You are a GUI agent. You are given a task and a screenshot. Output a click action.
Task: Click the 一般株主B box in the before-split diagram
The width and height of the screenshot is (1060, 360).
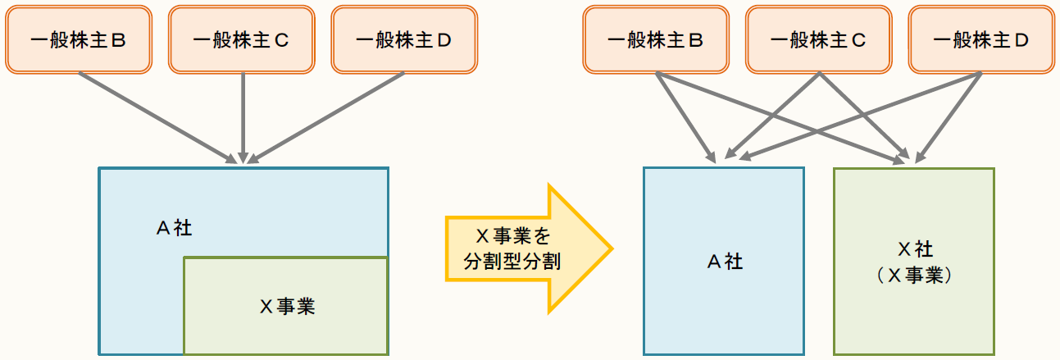coord(78,39)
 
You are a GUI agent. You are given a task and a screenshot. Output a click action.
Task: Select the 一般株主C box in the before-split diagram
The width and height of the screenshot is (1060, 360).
coord(241,39)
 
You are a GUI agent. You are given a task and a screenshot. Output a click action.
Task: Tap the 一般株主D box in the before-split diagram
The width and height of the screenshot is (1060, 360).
coord(404,39)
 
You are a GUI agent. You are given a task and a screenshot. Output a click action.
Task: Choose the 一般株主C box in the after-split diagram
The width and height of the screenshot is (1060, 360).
coord(819,39)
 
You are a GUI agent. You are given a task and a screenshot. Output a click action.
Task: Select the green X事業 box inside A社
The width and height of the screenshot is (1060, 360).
coord(285,306)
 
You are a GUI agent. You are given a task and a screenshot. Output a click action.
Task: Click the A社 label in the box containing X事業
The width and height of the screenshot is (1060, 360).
coord(174,228)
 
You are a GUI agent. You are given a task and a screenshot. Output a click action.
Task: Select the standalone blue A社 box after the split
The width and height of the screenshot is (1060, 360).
coord(724,261)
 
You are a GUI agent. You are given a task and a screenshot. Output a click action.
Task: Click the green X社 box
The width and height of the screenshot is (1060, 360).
coord(913,261)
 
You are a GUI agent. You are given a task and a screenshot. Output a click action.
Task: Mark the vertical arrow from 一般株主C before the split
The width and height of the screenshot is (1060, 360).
coord(243,115)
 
